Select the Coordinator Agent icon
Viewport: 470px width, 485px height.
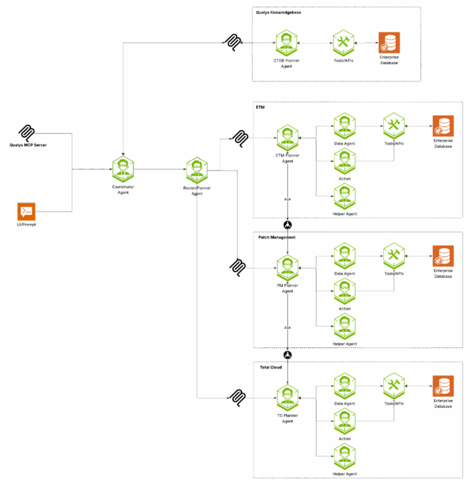[123, 169]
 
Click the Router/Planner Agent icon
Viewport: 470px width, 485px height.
[197, 169]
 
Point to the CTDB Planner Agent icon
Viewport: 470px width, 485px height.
[286, 43]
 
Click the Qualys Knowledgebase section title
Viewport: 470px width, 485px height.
[278, 12]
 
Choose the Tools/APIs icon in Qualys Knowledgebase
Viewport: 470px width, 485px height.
[343, 43]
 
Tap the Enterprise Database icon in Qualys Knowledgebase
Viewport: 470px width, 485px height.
[389, 43]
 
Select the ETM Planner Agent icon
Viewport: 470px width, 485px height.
[287, 138]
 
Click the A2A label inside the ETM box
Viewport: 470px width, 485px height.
[287, 198]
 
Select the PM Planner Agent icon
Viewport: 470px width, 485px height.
[287, 268]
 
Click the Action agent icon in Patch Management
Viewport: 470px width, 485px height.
[345, 291]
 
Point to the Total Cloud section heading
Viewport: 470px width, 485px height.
[271, 368]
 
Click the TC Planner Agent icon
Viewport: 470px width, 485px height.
[287, 398]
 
